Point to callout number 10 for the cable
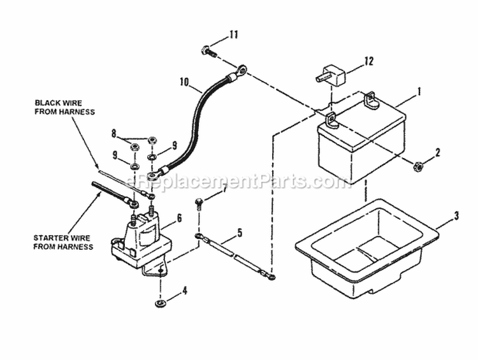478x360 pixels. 184,82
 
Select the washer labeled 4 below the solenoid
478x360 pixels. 159,299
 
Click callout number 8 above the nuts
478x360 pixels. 113,134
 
